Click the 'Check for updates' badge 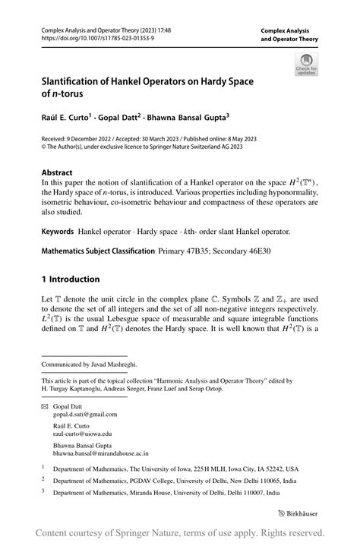click(306, 64)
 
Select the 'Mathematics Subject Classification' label click(96, 248)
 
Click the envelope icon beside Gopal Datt click(46, 406)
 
